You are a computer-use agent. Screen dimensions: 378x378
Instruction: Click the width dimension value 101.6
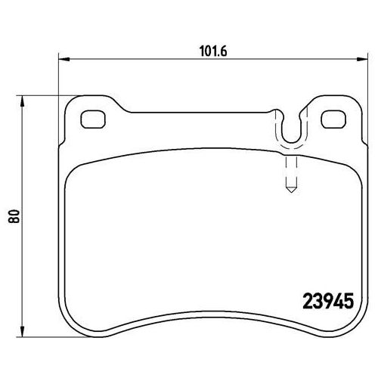(213, 51)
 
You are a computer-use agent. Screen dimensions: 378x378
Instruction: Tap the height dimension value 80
(14, 216)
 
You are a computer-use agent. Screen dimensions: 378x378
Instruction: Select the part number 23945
(328, 301)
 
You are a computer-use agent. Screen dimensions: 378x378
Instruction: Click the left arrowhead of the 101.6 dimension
(64, 60)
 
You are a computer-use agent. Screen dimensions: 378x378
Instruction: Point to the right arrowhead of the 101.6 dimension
(362, 60)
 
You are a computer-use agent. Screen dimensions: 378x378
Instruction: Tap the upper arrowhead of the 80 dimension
(23, 101)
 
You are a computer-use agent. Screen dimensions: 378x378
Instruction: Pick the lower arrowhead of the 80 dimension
(23, 331)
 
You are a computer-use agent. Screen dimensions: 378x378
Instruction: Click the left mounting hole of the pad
(93, 119)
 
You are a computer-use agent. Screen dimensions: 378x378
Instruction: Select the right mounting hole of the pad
(333, 119)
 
